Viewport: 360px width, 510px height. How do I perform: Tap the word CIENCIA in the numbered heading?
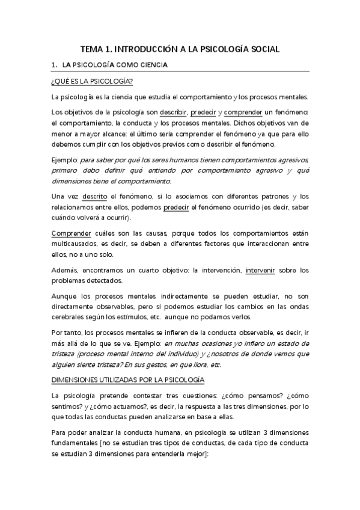(x=151, y=65)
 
